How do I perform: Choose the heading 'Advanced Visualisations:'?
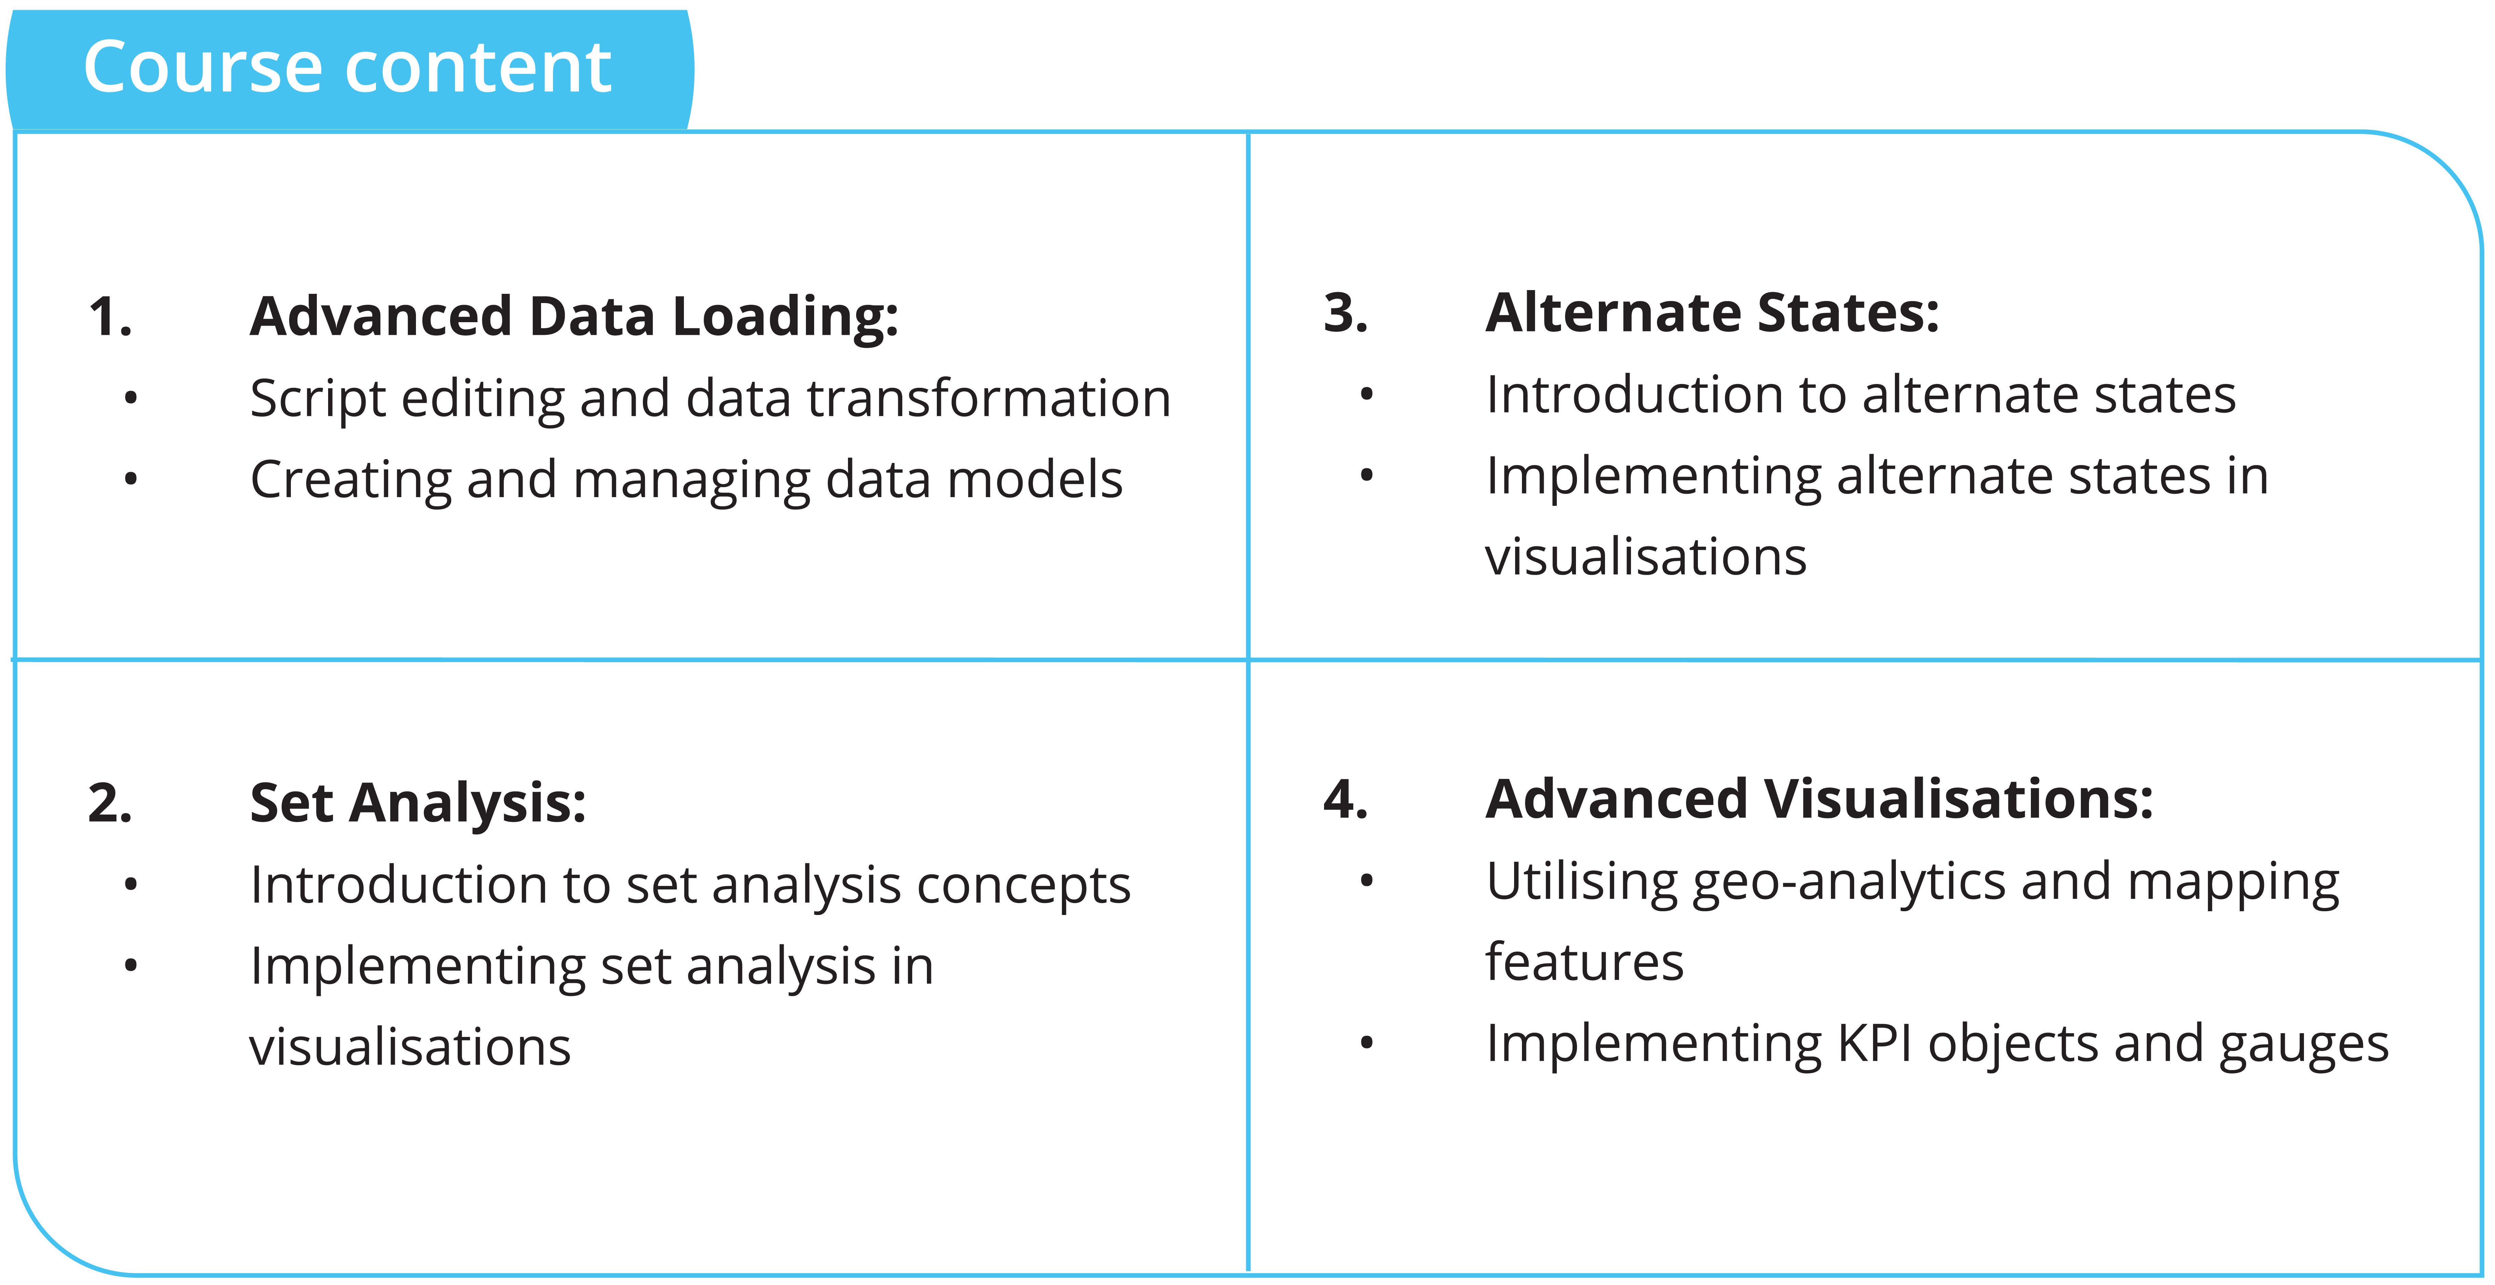[x=1819, y=800]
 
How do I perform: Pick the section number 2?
[x=109, y=804]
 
